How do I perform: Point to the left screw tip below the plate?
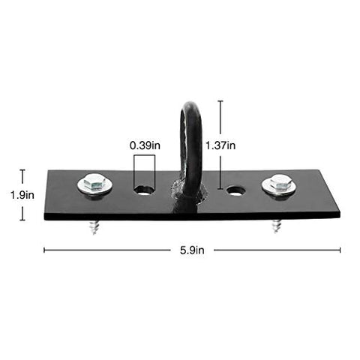tap(94, 226)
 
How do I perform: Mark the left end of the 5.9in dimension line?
tap(45, 250)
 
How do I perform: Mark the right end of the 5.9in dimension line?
tap(340, 250)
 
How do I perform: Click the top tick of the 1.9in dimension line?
tap(22, 170)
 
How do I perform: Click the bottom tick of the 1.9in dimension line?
tap(22, 220)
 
